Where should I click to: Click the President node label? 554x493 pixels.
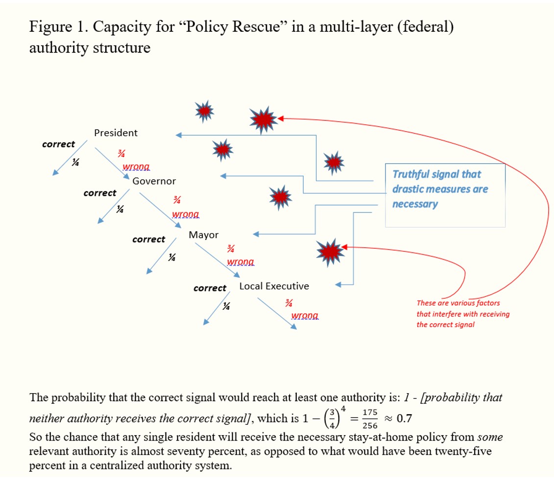tap(116, 133)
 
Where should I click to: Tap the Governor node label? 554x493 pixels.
tap(154, 181)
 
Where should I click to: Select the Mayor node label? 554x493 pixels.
tap(203, 235)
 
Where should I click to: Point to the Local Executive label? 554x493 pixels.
tap(274, 286)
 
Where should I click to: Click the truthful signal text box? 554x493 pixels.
tap(444, 195)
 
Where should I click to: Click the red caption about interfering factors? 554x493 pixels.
tap(462, 314)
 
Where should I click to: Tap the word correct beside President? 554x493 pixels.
tap(58, 144)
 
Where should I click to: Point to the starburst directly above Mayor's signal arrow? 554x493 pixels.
tap(281, 196)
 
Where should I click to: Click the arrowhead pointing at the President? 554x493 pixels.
tap(179, 135)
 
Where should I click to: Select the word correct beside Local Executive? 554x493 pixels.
tap(210, 288)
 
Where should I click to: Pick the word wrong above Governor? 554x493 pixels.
tap(136, 167)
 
